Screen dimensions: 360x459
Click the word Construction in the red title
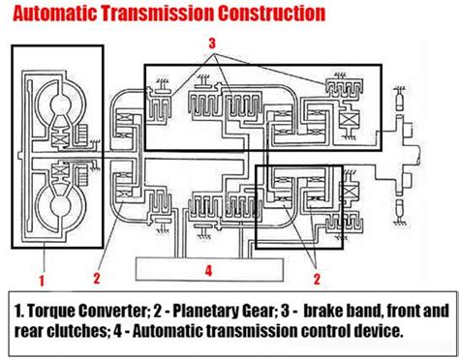tap(267, 14)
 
